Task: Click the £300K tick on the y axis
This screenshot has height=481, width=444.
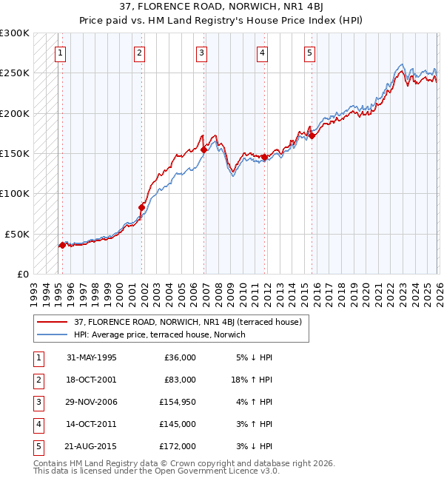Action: click(x=15, y=33)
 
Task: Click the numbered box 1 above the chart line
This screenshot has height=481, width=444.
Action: click(x=59, y=53)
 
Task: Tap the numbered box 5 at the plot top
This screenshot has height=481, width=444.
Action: click(x=309, y=53)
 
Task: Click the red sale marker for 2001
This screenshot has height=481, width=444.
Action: click(x=142, y=207)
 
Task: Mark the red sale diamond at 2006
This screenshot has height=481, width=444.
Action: click(x=203, y=149)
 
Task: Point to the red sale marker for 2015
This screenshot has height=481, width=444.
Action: click(x=312, y=136)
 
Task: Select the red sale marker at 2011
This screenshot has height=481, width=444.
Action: click(x=264, y=157)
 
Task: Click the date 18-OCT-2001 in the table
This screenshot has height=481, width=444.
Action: click(x=92, y=380)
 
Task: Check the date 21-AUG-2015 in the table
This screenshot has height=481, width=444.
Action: click(x=92, y=446)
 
